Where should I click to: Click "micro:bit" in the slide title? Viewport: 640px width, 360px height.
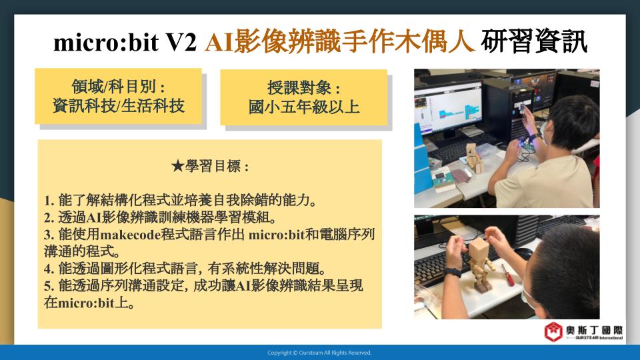pyautogui.click(x=106, y=42)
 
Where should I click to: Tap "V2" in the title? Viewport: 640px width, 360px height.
pyautogui.click(x=181, y=42)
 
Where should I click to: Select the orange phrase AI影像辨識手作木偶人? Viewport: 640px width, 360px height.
pyautogui.click(x=340, y=41)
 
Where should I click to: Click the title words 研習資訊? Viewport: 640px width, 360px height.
pyautogui.click(x=534, y=41)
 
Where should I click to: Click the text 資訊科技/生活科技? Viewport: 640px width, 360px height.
pyautogui.click(x=119, y=106)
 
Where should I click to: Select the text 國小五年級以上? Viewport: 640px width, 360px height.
pyautogui.click(x=304, y=107)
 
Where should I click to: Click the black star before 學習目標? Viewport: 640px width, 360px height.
pyautogui.click(x=177, y=166)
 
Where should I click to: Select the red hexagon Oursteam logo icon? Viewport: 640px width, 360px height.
pyautogui.click(x=553, y=331)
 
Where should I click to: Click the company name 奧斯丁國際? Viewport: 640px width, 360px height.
pyautogui.click(x=594, y=330)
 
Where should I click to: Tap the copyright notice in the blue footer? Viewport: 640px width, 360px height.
pyautogui.click(x=319, y=353)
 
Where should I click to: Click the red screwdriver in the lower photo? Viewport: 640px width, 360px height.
pyautogui.click(x=508, y=275)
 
